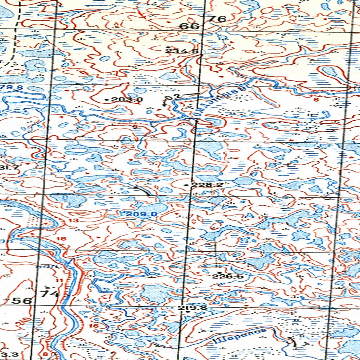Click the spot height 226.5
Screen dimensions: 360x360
[227, 277]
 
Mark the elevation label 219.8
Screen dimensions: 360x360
[192, 308]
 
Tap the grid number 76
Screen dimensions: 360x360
[218, 19]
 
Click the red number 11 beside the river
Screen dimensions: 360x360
[58, 280]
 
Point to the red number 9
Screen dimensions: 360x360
[135, 126]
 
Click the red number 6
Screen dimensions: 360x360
[315, 100]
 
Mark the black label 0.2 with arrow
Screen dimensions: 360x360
[170, 97]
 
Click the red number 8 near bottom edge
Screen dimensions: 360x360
[45, 354]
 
